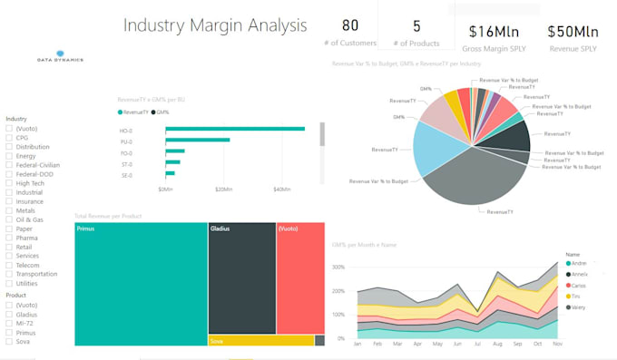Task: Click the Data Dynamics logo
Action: [x=61, y=56]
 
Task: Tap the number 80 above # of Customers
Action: [x=349, y=25]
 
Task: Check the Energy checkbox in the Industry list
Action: [x=9, y=155]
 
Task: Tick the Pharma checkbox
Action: [x=9, y=238]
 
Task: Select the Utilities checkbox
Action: [x=9, y=283]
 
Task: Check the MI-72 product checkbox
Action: [x=9, y=323]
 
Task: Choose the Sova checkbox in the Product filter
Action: [x=9, y=341]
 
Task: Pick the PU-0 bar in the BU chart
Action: [x=197, y=140]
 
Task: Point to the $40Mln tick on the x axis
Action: [x=281, y=190]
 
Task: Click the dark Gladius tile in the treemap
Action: [x=241, y=277]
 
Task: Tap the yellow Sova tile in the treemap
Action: [x=260, y=341]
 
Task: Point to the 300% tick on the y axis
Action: [x=338, y=268]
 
